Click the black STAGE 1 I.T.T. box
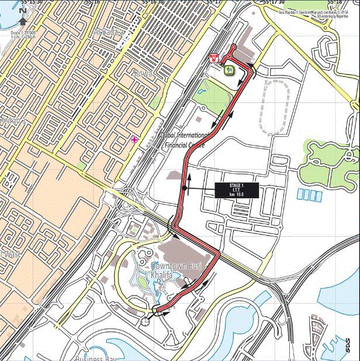click(x=237, y=190)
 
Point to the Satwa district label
click(x=143, y=74)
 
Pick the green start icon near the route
click(x=229, y=70)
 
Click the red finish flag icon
click(x=214, y=58)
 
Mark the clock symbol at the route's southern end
click(x=145, y=321)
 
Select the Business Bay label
click(x=96, y=357)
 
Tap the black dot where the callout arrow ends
click(x=184, y=188)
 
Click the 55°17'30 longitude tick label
click(x=274, y=3)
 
